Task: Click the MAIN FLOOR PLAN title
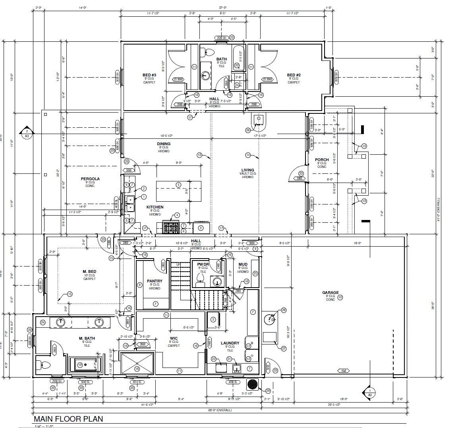click(x=68, y=419)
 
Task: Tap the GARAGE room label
click(x=330, y=293)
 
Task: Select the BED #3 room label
click(x=149, y=75)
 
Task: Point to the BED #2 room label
click(x=294, y=75)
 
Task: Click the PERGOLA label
click(x=90, y=179)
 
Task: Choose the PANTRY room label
click(x=154, y=281)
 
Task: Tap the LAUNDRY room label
click(x=230, y=343)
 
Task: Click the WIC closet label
click(x=174, y=338)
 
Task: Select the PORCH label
click(x=322, y=160)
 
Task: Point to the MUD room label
click(x=243, y=265)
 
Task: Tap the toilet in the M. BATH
click(x=43, y=365)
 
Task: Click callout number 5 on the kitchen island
click(x=178, y=185)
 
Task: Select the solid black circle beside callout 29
click(x=252, y=384)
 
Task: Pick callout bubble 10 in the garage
click(x=340, y=297)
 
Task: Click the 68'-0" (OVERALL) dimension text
click(x=219, y=410)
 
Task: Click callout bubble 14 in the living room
click(x=248, y=155)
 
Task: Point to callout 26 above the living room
click(x=248, y=130)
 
